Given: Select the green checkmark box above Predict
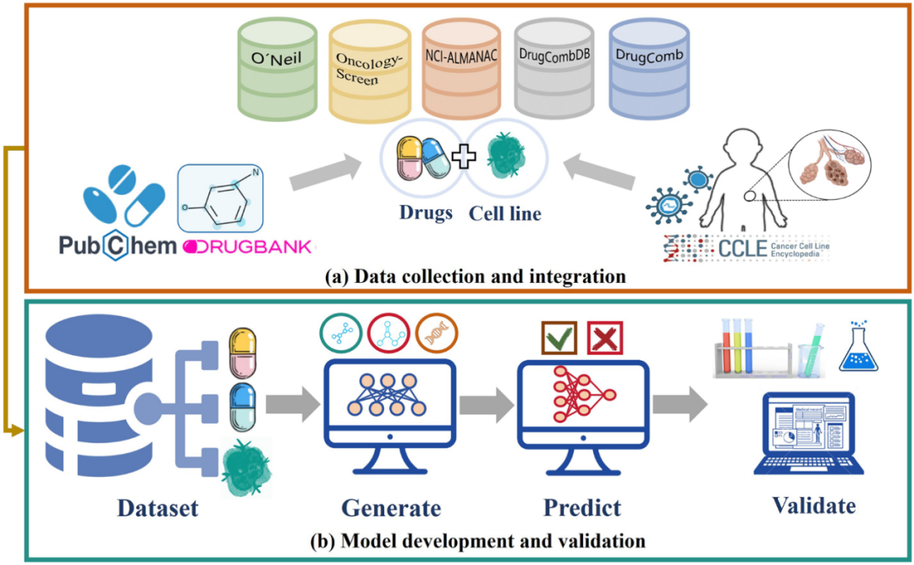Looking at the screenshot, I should pos(559,340).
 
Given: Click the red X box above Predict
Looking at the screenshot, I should pos(606,340).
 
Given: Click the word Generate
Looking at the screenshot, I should pos(391,508).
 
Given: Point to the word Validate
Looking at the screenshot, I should pos(813,506).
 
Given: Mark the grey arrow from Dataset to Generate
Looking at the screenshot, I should pos(291,405).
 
